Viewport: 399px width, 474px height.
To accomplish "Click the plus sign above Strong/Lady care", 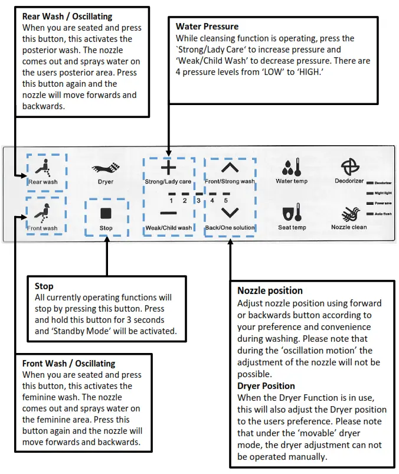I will pos(168,168).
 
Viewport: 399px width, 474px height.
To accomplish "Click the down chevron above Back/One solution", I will pos(230,213).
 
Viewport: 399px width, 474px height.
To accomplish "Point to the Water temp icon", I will pos(292,166).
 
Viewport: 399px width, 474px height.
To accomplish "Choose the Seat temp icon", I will pos(292,213).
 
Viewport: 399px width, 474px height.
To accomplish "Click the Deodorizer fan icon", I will pos(349,166).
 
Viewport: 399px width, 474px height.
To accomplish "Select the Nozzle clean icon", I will pos(349,213).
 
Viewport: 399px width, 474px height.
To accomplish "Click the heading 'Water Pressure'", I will pos(207,27).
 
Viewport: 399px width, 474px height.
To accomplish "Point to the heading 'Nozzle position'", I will pos(270,290).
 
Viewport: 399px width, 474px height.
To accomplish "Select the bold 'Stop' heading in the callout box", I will pos(44,286).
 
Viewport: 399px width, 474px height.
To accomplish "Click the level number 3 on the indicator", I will pos(199,201).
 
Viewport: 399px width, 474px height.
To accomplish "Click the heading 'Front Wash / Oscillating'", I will pos(68,364).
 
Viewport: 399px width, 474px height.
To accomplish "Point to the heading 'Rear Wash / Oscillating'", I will pos(67,17).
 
